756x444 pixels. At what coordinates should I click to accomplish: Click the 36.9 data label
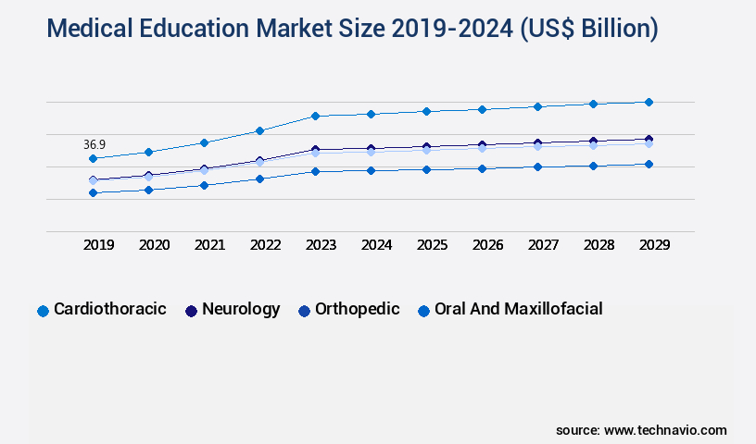[x=94, y=145]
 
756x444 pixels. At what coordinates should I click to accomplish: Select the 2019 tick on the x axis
[x=98, y=245]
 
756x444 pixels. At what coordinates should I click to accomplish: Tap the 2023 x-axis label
[x=321, y=245]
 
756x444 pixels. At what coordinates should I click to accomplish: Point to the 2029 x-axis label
[x=654, y=245]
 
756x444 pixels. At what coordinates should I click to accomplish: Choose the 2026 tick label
[x=487, y=245]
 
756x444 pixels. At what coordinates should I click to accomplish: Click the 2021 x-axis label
[x=209, y=245]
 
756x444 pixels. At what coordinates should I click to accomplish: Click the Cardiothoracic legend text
[x=110, y=309]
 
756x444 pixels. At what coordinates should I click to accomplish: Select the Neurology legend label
[x=241, y=309]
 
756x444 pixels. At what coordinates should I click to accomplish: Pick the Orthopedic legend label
[x=357, y=309]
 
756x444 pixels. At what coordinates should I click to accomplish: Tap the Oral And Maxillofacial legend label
[x=518, y=309]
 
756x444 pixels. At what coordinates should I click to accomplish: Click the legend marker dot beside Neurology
[x=192, y=311]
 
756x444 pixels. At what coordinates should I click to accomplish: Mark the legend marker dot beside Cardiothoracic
[x=43, y=311]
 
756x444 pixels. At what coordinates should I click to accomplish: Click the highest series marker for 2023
[x=315, y=116]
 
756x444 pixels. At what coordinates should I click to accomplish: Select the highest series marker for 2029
[x=649, y=102]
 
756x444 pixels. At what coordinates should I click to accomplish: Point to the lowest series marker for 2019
[x=93, y=192]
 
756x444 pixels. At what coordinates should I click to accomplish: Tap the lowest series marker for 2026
[x=482, y=168]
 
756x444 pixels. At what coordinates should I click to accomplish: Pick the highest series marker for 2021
[x=204, y=142]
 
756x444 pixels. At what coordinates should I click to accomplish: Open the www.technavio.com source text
[x=665, y=430]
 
